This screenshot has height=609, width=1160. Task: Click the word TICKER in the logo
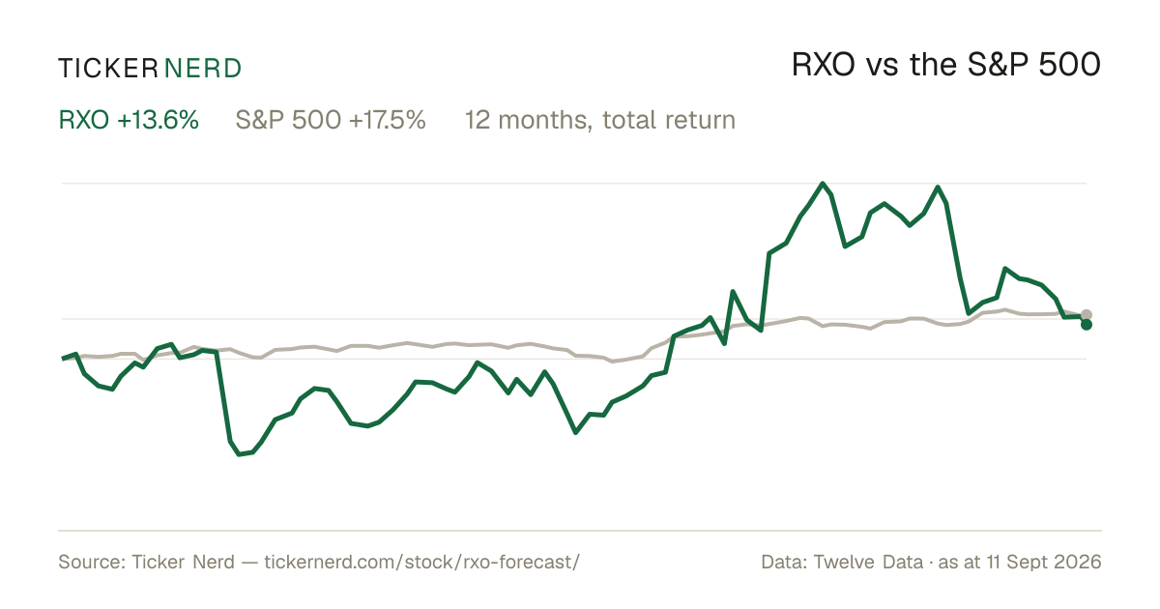[107, 69]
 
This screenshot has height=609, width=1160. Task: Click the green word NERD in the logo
[202, 69]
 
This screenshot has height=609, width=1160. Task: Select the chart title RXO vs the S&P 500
[946, 65]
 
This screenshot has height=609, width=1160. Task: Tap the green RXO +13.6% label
[129, 120]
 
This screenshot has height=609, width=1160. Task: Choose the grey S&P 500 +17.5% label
[331, 120]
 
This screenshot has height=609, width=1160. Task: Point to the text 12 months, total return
[599, 120]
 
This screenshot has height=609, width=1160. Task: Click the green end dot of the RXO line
[1087, 325]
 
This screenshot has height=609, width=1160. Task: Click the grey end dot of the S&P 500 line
[1087, 314]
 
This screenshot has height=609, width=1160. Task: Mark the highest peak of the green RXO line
[823, 184]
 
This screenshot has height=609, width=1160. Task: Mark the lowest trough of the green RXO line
[240, 454]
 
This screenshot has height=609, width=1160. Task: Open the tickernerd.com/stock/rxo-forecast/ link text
[422, 562]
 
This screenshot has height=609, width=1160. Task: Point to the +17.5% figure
[388, 120]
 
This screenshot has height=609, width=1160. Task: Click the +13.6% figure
[158, 120]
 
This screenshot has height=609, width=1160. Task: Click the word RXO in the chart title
[824, 65]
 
